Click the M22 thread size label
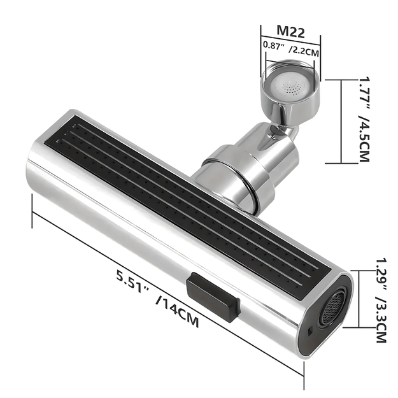[x=290, y=31]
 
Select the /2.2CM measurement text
[x=304, y=51]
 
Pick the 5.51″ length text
[x=132, y=281]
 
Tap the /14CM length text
[x=177, y=310]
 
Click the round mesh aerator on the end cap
[x=333, y=308]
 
